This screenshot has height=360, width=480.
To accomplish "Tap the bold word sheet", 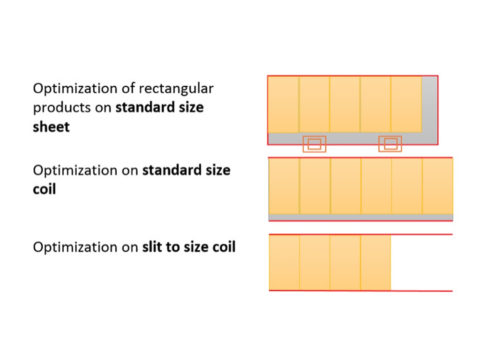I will click(x=51, y=127).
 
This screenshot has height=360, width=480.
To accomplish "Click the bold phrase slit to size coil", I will click(x=188, y=247).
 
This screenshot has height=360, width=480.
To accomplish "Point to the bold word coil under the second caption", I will click(x=44, y=189).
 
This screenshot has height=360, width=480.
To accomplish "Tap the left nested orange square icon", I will click(x=314, y=144).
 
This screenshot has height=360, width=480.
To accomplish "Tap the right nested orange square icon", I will click(x=390, y=144).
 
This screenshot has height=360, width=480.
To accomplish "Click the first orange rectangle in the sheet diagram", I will click(x=283, y=104).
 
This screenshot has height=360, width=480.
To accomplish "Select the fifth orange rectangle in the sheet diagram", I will click(x=406, y=104).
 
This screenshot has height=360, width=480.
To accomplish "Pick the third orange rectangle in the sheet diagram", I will click(x=345, y=104).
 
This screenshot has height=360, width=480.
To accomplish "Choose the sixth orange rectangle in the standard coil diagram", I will click(x=437, y=186).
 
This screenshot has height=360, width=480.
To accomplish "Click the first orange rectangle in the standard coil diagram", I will click(x=284, y=186).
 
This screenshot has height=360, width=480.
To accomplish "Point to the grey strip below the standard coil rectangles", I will click(x=360, y=217).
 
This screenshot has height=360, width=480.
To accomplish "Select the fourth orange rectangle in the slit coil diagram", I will click(x=375, y=262).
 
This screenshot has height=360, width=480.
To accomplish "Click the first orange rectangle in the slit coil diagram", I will click(x=284, y=262).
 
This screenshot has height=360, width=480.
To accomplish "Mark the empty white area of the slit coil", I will click(x=421, y=262).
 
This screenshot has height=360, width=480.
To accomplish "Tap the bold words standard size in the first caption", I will click(x=159, y=108).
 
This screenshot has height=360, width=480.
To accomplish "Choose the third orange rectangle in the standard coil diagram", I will click(x=345, y=186).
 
